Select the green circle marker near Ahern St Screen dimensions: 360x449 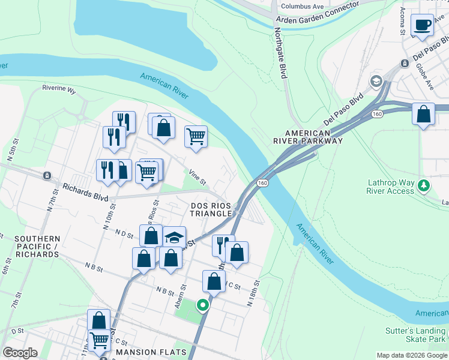point(203,305)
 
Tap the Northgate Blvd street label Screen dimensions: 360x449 point(280,53)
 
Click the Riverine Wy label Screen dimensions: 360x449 point(59,91)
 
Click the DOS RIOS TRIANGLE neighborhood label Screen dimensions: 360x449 point(211,209)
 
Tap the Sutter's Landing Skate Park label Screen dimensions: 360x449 point(416,335)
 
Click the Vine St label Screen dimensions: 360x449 point(197,178)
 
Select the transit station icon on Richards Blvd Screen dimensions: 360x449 point(46,176)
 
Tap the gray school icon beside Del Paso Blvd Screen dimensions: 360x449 point(376,81)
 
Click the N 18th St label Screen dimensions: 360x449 point(255,293)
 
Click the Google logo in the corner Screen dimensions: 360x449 point(20,352)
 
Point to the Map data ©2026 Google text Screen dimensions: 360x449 point(412,355)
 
